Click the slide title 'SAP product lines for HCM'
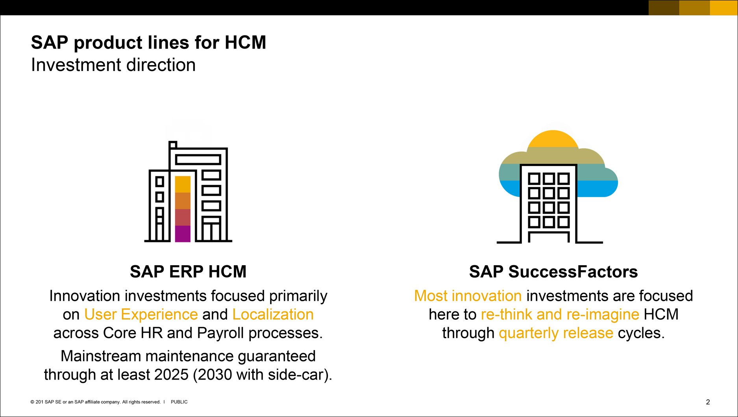(148, 43)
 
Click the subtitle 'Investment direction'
(113, 65)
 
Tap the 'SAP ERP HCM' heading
(188, 272)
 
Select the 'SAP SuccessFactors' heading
(553, 272)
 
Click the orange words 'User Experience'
(141, 315)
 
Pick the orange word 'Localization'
(273, 315)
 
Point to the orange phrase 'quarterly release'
(556, 333)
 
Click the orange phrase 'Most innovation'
(468, 296)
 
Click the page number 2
(708, 402)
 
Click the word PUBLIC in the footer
(179, 402)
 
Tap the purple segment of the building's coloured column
(183, 234)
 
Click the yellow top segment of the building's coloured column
(183, 184)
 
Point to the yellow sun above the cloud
(553, 139)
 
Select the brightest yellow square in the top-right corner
(723, 7)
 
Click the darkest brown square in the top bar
(664, 7)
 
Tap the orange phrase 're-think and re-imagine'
(560, 315)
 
